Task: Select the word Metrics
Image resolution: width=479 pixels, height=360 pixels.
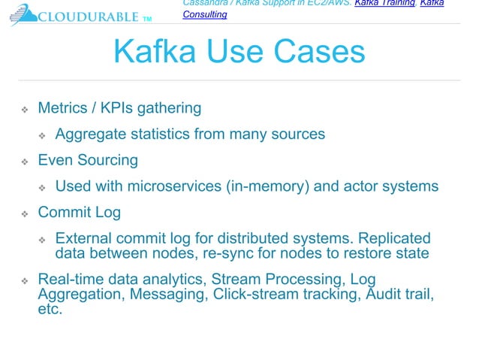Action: pos(62,108)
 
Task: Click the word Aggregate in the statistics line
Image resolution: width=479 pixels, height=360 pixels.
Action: pos(92,135)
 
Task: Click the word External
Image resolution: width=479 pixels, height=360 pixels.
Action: pos(83,239)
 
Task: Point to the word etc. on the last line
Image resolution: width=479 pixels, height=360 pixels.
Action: pos(50,309)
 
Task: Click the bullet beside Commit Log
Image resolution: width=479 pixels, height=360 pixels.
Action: pos(24,214)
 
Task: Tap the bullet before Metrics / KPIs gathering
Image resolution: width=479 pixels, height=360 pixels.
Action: pos(24,110)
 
